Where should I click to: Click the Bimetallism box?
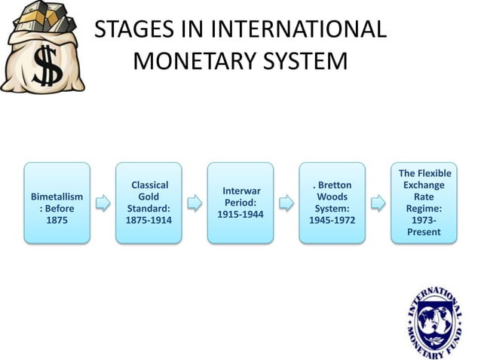click(x=57, y=203)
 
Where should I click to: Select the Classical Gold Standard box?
click(x=149, y=203)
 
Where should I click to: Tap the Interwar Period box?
click(x=240, y=203)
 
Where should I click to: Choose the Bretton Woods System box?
click(x=332, y=203)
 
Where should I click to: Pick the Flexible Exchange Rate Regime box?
click(x=424, y=203)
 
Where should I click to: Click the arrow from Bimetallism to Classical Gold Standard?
click(x=103, y=203)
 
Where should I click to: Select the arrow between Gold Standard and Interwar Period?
click(x=195, y=203)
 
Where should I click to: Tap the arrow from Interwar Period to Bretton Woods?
click(x=286, y=203)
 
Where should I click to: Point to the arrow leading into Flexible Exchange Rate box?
click(x=378, y=203)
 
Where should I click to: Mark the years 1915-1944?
click(x=240, y=215)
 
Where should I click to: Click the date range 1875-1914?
click(x=149, y=221)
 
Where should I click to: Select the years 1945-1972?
click(x=332, y=221)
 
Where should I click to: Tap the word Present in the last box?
click(x=424, y=232)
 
